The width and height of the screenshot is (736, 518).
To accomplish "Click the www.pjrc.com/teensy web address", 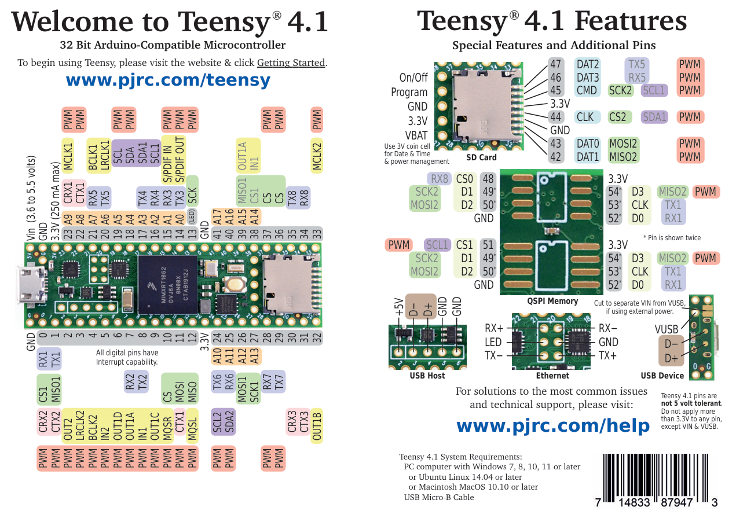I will pos(168,80).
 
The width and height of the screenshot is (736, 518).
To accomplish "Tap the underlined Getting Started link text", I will pos(291,63).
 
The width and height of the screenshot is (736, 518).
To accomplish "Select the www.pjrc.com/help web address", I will pos(553,425).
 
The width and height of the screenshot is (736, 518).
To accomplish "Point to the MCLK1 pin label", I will pos(68,155).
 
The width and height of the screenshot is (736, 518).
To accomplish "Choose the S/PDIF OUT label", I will pos(180,160).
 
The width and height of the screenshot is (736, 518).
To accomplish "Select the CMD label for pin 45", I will pos(587,90).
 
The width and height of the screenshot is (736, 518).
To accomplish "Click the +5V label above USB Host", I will pos(398,307).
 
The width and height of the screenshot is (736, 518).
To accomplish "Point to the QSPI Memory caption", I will pos(552,301).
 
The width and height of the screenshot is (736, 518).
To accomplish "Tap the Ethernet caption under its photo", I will pos(552,376).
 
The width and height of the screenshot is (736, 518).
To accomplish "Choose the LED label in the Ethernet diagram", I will pos(493,342).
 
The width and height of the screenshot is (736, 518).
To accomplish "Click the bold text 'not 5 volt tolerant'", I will pos(691,403).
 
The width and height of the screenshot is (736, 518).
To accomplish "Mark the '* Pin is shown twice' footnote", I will pos(672,238).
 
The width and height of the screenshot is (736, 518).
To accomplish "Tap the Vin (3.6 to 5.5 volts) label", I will pos(31,197).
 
